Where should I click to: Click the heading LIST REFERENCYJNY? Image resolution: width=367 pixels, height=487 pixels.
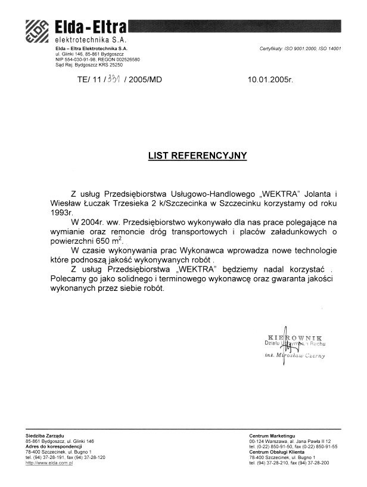[197, 156]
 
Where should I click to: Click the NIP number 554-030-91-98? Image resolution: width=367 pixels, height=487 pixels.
[76, 60]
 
